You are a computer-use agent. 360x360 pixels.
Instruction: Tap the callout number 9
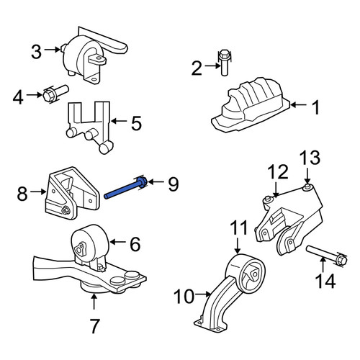point(173,184)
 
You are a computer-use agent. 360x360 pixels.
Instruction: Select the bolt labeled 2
point(224,63)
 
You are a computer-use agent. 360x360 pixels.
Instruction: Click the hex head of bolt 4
point(49,95)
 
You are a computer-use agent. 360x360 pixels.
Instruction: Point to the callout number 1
point(316,107)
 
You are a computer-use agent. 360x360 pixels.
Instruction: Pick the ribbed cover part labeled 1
point(250,105)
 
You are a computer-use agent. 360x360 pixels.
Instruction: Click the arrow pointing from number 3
point(52,50)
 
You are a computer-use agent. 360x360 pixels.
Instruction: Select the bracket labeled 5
point(89,127)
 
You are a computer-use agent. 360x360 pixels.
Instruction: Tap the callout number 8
point(22,194)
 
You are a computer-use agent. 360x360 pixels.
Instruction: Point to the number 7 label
point(94,326)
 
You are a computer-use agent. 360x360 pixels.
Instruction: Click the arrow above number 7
point(94,302)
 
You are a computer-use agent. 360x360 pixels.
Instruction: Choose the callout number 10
point(184,296)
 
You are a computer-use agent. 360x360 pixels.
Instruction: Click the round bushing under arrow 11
point(246,274)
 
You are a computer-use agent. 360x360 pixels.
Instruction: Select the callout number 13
point(310,158)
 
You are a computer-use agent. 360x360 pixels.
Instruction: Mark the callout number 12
point(278,171)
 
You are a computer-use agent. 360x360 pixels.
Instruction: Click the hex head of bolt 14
point(342,260)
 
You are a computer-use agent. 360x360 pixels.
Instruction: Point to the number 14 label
point(325,281)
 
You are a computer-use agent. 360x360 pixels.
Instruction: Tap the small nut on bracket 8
point(65,211)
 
